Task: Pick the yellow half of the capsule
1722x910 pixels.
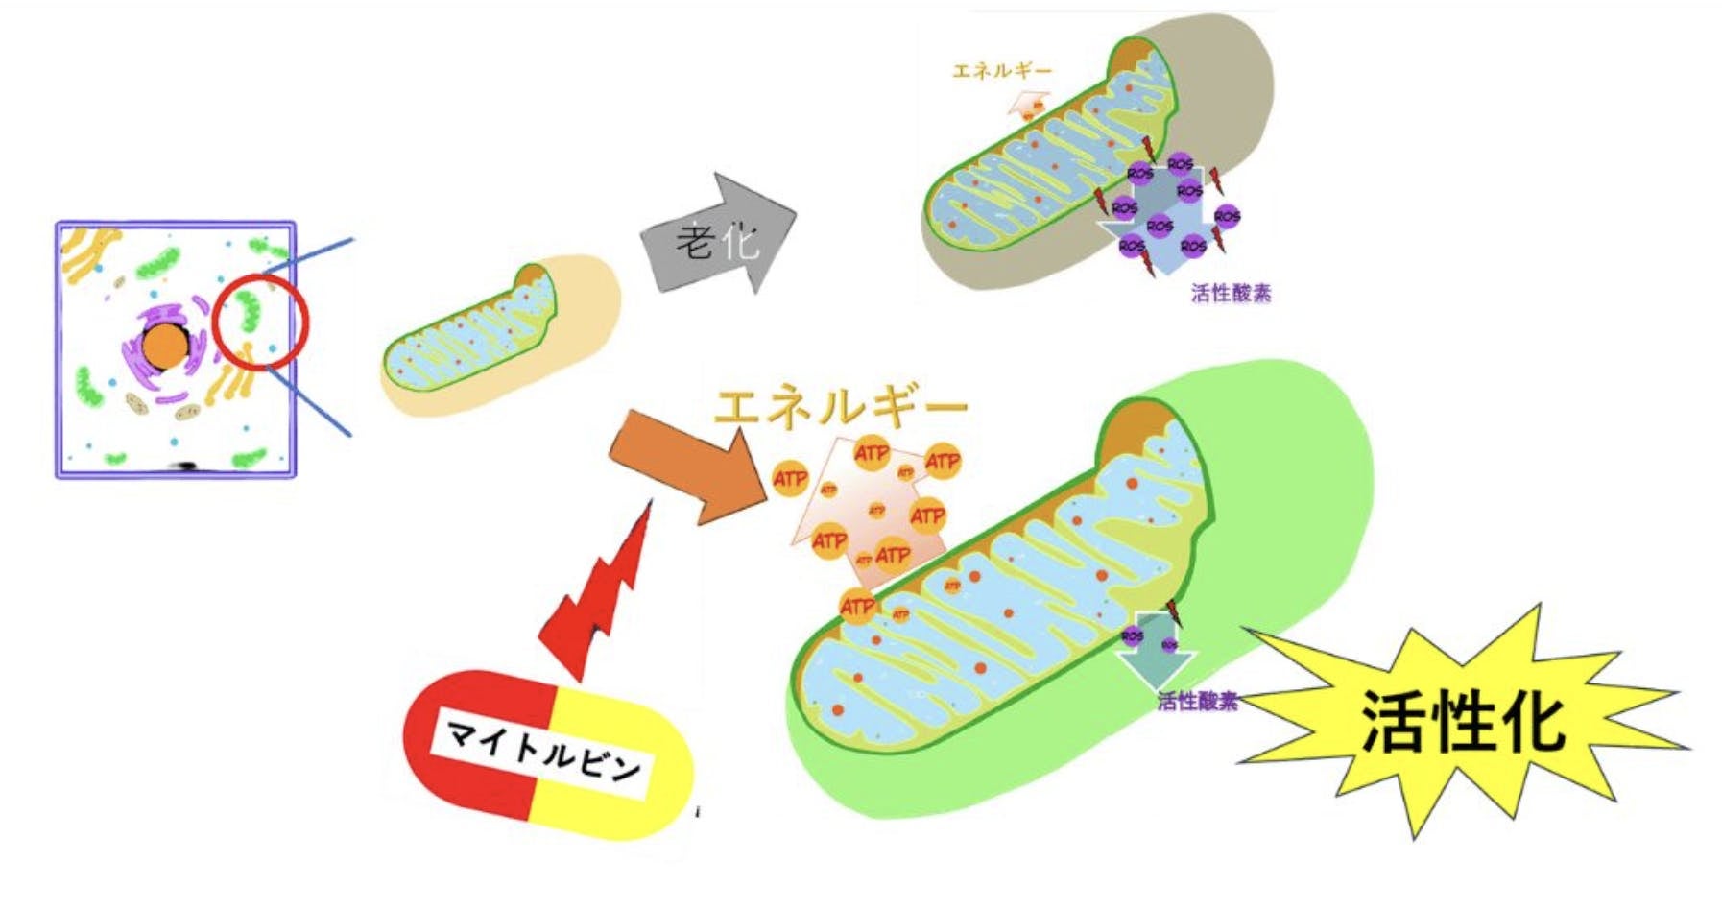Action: [x=614, y=768]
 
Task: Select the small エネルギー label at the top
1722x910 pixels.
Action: [x=1000, y=70]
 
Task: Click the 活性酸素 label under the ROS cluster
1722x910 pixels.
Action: [x=1230, y=293]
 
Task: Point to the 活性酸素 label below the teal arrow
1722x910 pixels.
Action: [x=1197, y=702]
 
